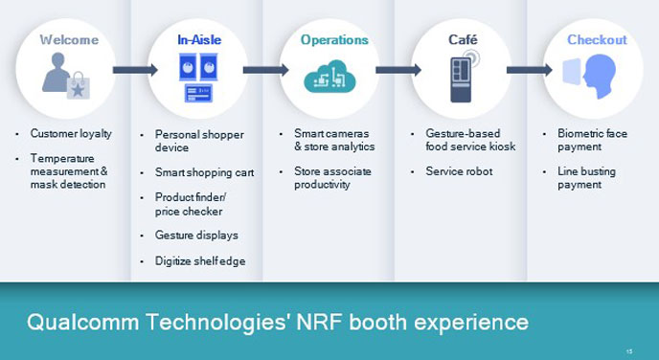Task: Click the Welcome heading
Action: point(68,40)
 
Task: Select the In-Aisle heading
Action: point(198,40)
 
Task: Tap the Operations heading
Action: point(333,40)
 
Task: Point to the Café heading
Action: point(463,40)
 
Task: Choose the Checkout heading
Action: point(597,40)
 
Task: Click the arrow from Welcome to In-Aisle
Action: point(135,70)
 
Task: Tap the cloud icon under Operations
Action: point(329,78)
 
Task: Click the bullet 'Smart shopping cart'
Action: point(204,173)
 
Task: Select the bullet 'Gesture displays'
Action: point(196,235)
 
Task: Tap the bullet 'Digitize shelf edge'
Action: point(200,260)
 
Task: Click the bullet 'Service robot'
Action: point(459,171)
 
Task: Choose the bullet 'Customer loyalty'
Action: point(71,134)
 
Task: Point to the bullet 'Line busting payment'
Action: point(586,178)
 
